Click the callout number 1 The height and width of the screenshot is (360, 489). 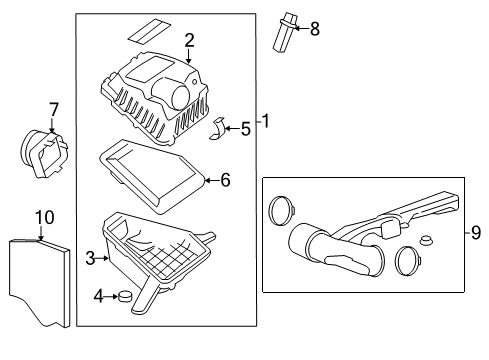click(266, 121)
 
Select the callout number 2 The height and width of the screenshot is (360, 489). click(189, 39)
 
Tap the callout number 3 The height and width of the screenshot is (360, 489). click(90, 259)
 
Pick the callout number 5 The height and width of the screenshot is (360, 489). click(245, 127)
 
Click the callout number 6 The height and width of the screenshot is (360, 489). click(225, 180)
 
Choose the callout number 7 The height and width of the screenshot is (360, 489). click(54, 108)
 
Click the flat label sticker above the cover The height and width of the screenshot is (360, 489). click(148, 29)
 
